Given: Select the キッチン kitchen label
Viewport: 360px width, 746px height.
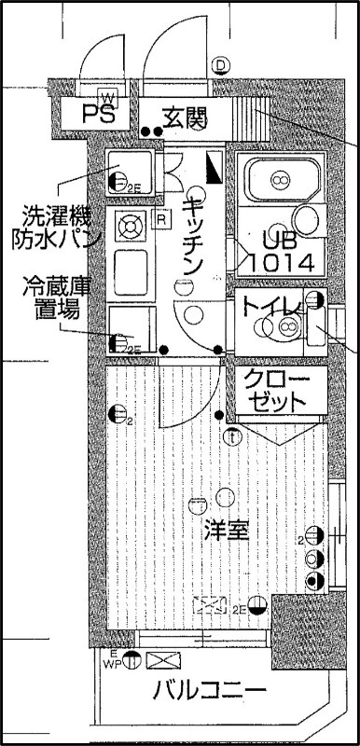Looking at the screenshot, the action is (193, 234).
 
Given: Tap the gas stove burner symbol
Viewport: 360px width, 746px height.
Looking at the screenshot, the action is (130, 225).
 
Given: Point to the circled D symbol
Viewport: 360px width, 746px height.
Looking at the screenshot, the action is (221, 65).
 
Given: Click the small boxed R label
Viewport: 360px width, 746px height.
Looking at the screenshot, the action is (162, 221).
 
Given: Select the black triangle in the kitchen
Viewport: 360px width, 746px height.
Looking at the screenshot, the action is (214, 169).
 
